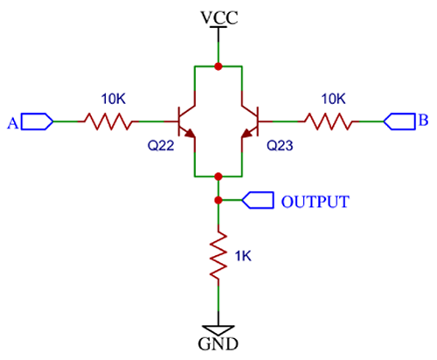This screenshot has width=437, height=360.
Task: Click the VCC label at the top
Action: click(x=218, y=17)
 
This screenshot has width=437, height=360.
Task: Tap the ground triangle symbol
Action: click(x=218, y=324)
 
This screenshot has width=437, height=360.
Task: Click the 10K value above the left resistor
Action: click(x=109, y=98)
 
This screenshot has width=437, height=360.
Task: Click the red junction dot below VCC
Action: click(x=218, y=66)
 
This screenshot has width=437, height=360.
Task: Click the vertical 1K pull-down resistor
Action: click(x=218, y=254)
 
